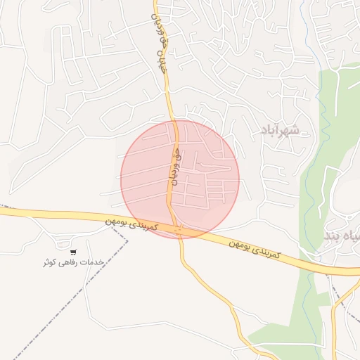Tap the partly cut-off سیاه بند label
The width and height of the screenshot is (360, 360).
pyautogui.click(x=342, y=236)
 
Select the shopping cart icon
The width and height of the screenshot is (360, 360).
pyautogui.click(x=73, y=252)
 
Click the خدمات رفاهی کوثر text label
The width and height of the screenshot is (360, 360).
pyautogui.click(x=73, y=262)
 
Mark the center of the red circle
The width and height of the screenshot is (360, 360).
pyautogui.click(x=180, y=179)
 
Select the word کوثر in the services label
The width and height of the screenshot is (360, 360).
pyautogui.click(x=49, y=263)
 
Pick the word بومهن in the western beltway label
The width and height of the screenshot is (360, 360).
pyautogui.click(x=119, y=221)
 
